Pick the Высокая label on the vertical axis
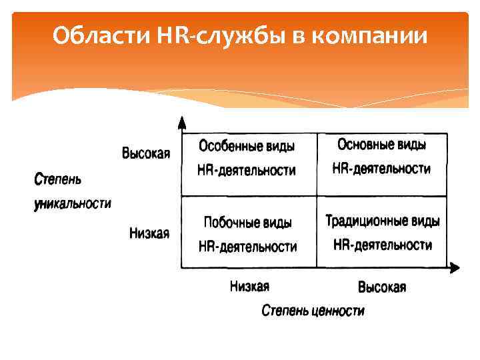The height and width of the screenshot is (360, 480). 146,154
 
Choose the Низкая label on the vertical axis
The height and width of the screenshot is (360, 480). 149,233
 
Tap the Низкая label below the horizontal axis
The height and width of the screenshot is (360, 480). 249,287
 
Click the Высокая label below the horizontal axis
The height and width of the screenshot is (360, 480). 382,287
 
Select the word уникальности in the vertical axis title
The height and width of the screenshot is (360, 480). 73,203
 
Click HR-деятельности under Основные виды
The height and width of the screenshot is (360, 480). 381,169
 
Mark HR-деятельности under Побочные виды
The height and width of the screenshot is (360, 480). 247,247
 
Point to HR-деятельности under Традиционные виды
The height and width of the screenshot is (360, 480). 382,245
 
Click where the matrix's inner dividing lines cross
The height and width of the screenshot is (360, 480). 316,196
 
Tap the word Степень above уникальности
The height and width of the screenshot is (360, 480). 57,179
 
